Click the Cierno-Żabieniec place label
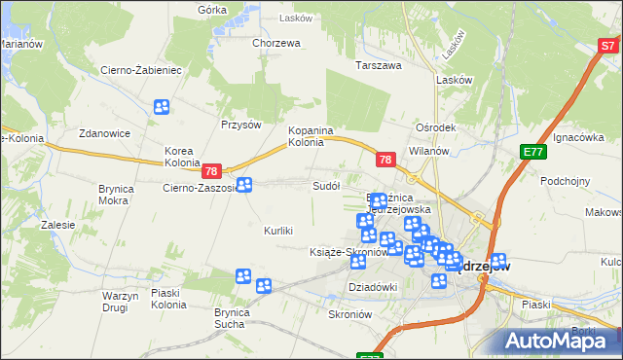point(141,70)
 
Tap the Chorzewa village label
point(275,43)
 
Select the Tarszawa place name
point(379,66)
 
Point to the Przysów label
point(241,125)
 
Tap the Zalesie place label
point(58,225)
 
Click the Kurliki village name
point(278,231)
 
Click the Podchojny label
point(567,181)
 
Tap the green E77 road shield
point(531,152)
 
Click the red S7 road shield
point(608,45)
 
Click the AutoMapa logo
point(560,341)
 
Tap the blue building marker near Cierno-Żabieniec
point(161,107)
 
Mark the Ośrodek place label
point(435,127)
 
